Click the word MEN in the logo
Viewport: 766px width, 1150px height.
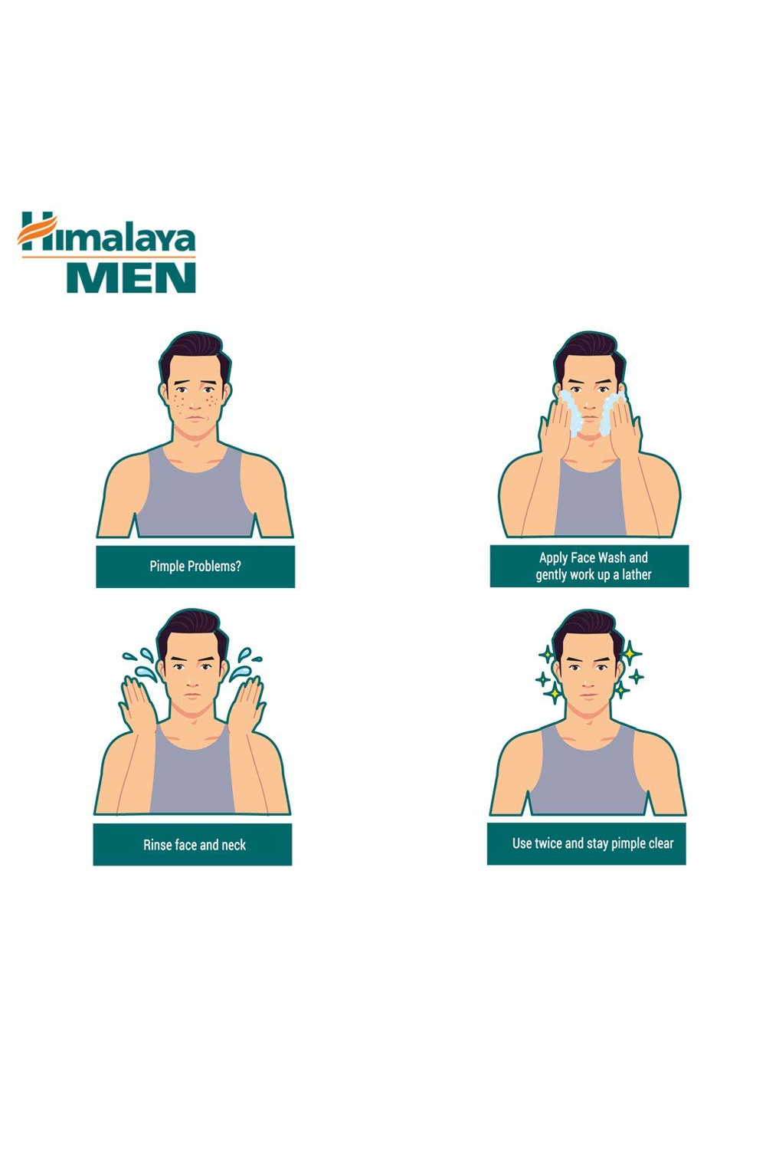[x=131, y=278]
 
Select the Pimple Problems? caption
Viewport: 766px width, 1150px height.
[x=195, y=567]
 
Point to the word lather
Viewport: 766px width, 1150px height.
[x=637, y=574]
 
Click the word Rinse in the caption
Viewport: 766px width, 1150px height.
[x=158, y=845]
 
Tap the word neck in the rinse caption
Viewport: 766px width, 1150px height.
[x=234, y=845]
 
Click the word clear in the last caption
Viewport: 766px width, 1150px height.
[x=660, y=843]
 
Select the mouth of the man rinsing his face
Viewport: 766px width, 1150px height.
[x=192, y=695]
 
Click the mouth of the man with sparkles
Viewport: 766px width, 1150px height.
[x=588, y=697]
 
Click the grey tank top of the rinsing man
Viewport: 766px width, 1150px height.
[x=192, y=773]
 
